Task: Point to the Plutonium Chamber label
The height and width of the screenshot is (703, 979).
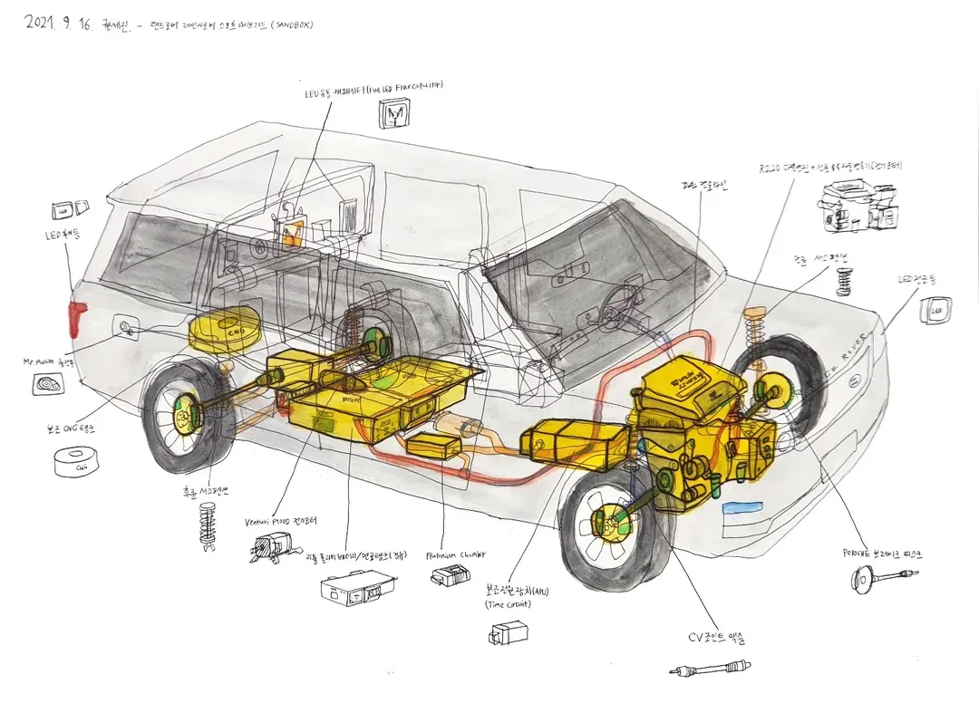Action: pos(455,554)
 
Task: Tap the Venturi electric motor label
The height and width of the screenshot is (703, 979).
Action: pos(280,522)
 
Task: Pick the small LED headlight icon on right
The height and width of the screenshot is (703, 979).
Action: pos(937,310)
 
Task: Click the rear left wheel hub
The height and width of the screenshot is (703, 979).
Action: pos(184,416)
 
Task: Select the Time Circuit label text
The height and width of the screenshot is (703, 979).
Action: pos(508,604)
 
